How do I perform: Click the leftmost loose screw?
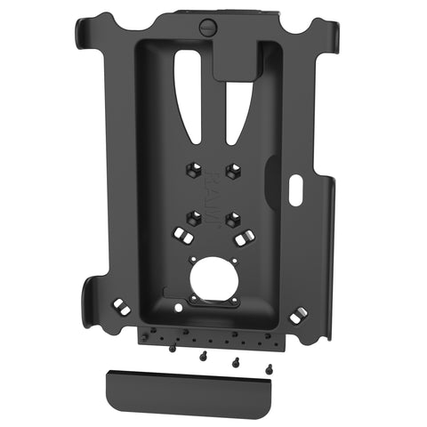(x=172, y=348)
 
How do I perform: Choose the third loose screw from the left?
(x=236, y=362)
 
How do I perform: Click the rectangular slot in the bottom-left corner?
(x=117, y=306)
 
